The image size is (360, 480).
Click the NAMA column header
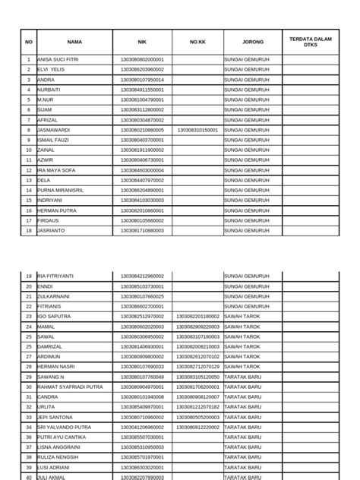tap(74, 42)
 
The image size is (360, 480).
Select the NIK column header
tap(141, 42)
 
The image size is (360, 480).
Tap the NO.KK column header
tap(197, 42)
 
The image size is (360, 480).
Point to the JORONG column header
tap(253, 42)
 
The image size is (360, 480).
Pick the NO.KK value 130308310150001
tap(197, 130)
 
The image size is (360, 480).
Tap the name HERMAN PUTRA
tap(55, 210)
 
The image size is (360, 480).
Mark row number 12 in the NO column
tap(28, 169)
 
